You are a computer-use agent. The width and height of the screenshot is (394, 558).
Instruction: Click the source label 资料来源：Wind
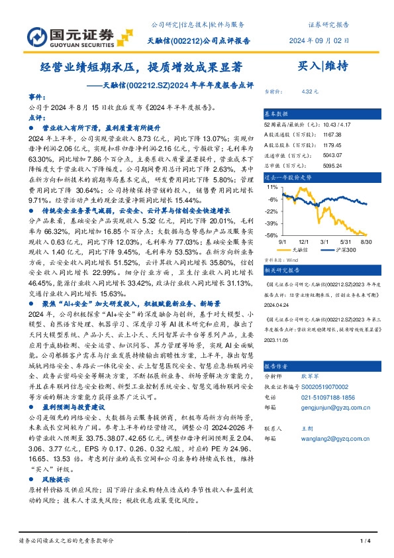pyautogui.click(x=281, y=261)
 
